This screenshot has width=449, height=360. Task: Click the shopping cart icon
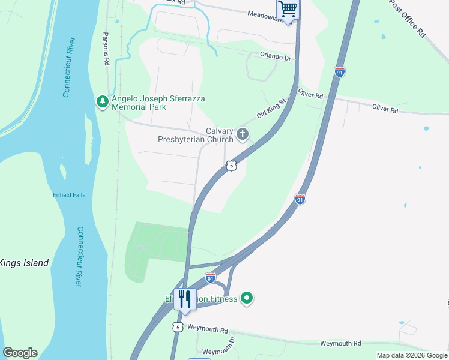pos(288,9)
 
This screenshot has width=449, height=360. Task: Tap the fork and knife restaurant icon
pos(185,299)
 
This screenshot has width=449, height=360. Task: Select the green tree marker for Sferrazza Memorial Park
pos(103,102)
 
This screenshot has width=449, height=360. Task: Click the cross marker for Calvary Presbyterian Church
pos(243,134)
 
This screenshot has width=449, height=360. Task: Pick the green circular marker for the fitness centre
pos(246,298)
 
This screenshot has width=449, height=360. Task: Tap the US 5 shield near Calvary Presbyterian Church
pos(231,164)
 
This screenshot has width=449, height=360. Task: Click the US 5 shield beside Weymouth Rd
pos(177,327)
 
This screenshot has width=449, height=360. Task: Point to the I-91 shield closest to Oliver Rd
pos(340,71)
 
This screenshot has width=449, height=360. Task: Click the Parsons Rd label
pos(106,49)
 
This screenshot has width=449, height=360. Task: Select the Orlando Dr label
pos(275,56)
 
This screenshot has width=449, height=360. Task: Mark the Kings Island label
pos(23,263)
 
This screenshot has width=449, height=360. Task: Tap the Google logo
pos(20,353)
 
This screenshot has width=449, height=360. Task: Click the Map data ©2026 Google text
pos(411,355)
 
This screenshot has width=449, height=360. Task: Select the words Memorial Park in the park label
pos(139,107)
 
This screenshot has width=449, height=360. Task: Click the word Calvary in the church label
pos(220,131)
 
